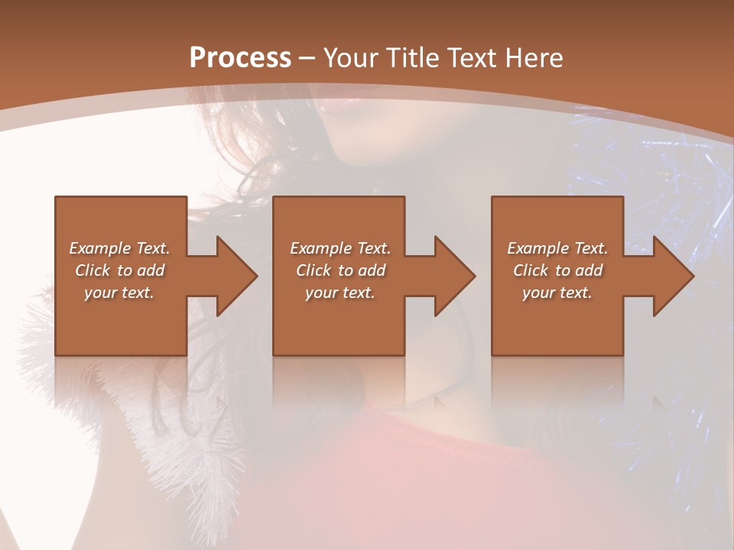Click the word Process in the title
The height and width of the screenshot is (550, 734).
click(240, 58)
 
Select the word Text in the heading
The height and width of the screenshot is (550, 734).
click(467, 58)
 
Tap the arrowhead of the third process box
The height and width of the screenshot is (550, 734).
click(672, 276)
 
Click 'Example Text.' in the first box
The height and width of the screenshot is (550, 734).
click(120, 248)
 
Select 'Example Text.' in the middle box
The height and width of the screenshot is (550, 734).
click(339, 248)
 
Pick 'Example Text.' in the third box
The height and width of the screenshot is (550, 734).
click(557, 248)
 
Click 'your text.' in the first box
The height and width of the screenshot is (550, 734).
click(119, 293)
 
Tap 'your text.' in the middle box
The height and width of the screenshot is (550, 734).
click(339, 293)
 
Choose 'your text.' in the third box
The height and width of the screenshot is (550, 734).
click(557, 293)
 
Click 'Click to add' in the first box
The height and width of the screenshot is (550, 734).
click(120, 270)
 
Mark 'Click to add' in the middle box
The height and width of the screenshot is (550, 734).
click(340, 270)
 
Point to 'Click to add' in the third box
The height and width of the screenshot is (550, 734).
click(558, 270)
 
